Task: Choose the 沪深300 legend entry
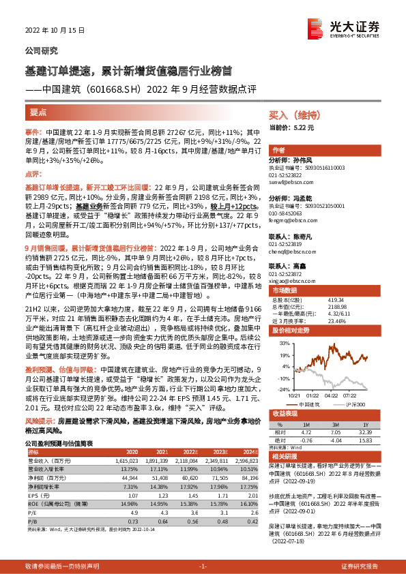click(355, 404)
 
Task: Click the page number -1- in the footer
click(203, 566)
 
